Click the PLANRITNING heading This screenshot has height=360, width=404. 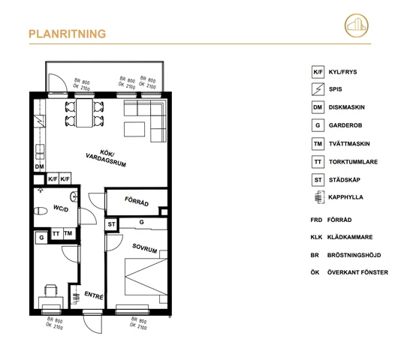tap(66, 34)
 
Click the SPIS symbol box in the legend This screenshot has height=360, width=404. tap(318, 91)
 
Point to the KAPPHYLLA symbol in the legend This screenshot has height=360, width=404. tap(318, 198)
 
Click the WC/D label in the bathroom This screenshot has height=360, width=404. tap(61, 208)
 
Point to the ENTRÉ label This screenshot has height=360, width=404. tap(93, 295)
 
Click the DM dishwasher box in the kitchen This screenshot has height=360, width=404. tap(39, 166)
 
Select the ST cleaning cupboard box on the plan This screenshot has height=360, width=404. tap(111, 223)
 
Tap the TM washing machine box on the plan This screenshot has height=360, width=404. tap(68, 234)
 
